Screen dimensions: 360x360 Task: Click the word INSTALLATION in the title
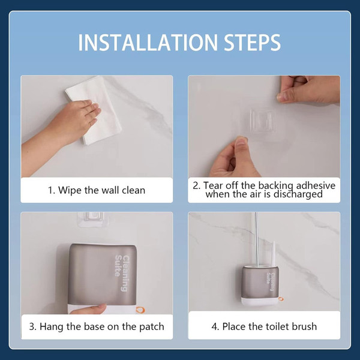click(x=148, y=42)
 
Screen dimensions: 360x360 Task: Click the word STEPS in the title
click(x=253, y=42)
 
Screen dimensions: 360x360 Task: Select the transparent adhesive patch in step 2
click(x=263, y=121)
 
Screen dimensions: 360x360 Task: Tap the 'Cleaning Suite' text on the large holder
click(x=122, y=273)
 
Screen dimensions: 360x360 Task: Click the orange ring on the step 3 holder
click(x=140, y=310)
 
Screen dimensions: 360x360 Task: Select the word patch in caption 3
click(x=152, y=327)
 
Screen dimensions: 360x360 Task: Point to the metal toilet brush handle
click(x=256, y=239)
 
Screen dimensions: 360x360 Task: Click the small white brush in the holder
click(x=274, y=253)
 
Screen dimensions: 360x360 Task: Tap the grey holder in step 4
click(x=260, y=284)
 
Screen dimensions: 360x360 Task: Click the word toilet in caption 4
click(x=278, y=326)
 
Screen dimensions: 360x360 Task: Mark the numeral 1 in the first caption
click(x=50, y=190)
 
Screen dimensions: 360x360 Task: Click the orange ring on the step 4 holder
click(x=281, y=299)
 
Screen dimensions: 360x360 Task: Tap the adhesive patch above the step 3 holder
click(x=91, y=219)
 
